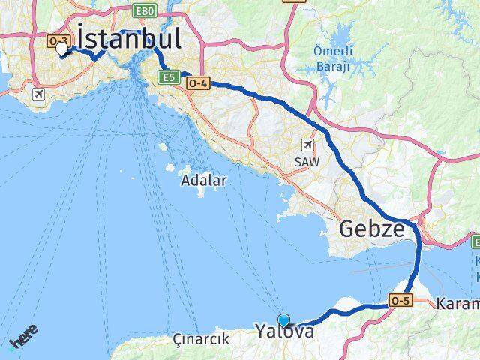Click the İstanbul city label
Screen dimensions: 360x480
pyautogui.click(x=130, y=38)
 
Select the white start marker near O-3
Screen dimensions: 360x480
pyautogui.click(x=61, y=50)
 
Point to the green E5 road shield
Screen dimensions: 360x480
pyautogui.click(x=167, y=76)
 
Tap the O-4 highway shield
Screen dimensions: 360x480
pyautogui.click(x=197, y=84)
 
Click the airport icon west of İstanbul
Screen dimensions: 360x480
pyautogui.click(x=37, y=94)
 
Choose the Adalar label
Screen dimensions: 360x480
pyautogui.click(x=204, y=181)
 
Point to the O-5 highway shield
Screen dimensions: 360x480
pyautogui.click(x=400, y=301)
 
